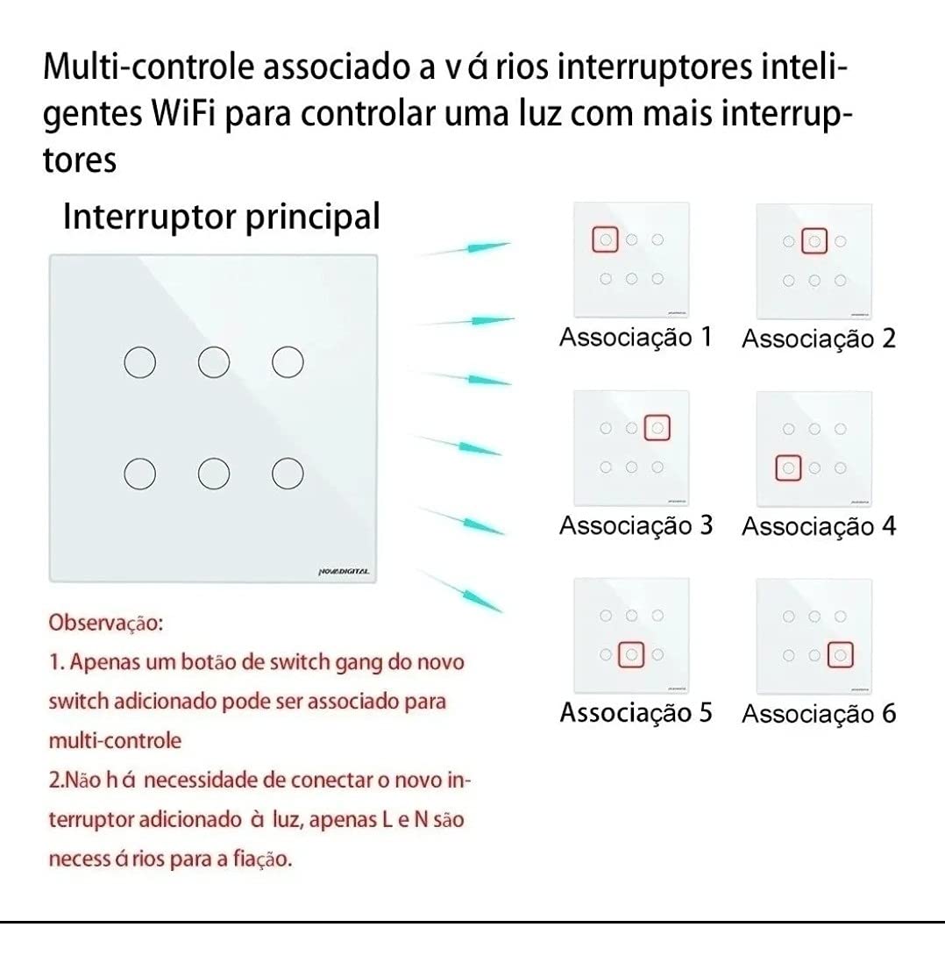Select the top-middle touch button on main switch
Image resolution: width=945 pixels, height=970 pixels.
tap(210, 362)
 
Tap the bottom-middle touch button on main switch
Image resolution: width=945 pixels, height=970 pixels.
tap(210, 474)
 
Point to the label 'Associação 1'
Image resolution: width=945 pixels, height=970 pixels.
tap(635, 338)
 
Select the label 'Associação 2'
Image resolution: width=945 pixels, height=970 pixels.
tap(818, 339)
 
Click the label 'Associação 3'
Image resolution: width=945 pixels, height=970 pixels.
tap(635, 525)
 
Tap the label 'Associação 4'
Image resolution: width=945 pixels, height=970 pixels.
tap(818, 527)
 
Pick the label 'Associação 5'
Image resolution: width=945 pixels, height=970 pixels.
tap(635, 712)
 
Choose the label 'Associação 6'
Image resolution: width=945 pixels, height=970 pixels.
tap(818, 714)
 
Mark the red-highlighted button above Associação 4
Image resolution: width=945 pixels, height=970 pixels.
tap(788, 467)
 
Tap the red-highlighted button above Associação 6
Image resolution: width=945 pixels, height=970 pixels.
tap(840, 654)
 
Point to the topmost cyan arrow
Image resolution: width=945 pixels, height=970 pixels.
tap(465, 249)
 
